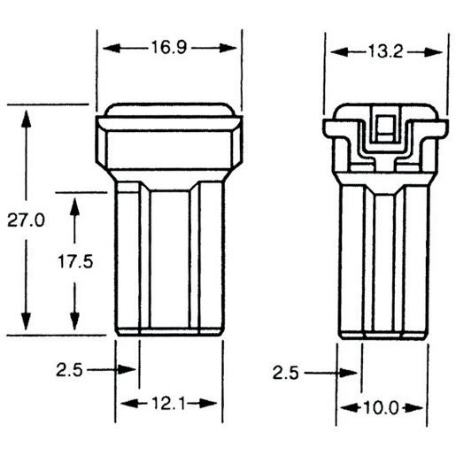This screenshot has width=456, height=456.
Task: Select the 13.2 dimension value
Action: (385, 52)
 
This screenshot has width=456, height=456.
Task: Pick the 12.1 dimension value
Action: (168, 404)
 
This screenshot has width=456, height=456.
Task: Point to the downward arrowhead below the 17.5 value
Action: (76, 325)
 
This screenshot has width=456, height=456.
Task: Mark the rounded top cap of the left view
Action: (168, 110)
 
